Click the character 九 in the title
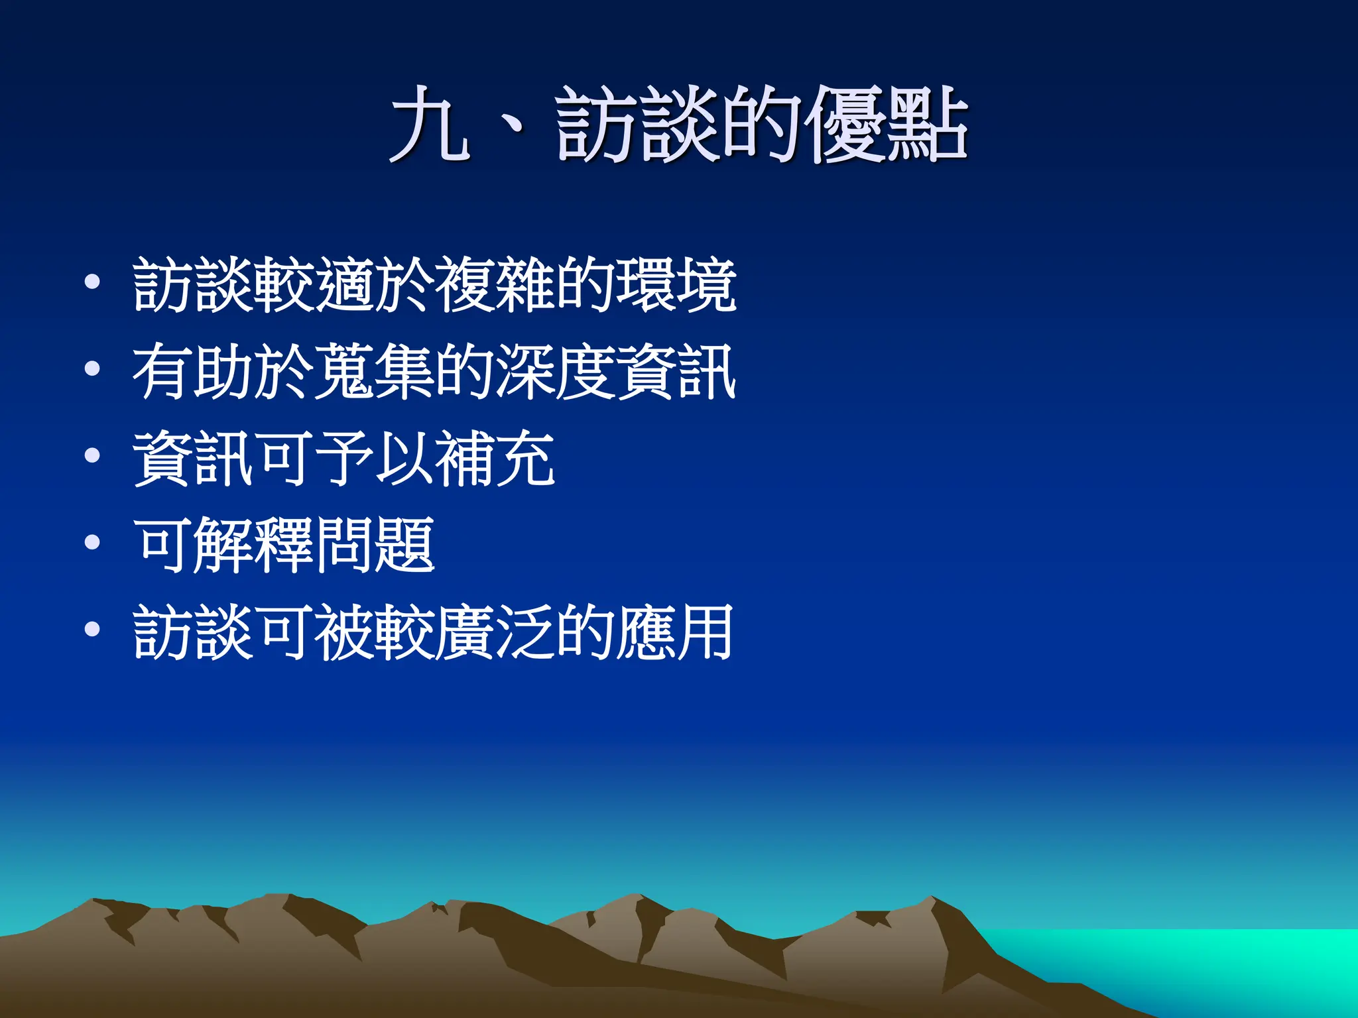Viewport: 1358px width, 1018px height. [x=430, y=125]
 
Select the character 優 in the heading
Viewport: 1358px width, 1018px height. [x=848, y=125]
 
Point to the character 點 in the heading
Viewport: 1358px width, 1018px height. [x=928, y=125]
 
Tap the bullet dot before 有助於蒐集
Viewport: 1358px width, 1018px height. [x=92, y=368]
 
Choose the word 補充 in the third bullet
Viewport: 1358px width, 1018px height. [x=494, y=459]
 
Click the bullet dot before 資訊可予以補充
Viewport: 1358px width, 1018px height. [x=92, y=455]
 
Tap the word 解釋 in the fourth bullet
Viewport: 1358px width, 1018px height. [x=253, y=545]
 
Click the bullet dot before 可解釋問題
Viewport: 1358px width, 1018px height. [x=92, y=543]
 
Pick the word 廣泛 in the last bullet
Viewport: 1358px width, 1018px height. [x=494, y=632]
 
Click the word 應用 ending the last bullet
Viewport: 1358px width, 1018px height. [x=676, y=632]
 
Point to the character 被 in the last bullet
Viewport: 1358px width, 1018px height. [x=343, y=632]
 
